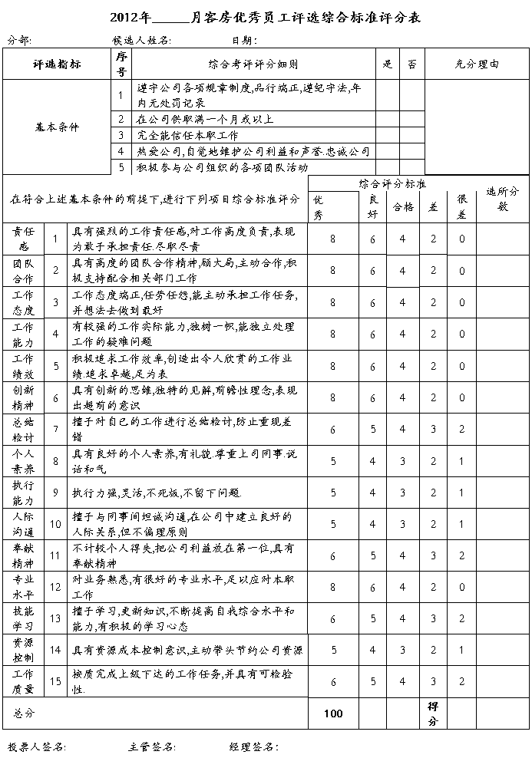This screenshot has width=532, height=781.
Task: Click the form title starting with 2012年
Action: coord(266,17)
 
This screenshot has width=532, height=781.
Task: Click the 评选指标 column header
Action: coord(58,64)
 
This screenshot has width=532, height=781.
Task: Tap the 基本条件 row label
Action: coord(58,127)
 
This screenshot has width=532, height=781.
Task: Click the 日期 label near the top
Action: coord(243,40)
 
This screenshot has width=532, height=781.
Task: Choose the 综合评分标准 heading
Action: coord(392,184)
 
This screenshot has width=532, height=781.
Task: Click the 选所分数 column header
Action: coord(503,199)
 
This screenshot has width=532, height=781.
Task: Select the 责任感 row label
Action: coord(23,239)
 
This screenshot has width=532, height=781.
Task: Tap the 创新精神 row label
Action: coord(23,397)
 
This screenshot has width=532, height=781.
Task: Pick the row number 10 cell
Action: coord(55,524)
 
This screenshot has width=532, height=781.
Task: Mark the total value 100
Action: coord(333,713)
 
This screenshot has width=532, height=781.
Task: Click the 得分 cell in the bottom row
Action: coord(433,713)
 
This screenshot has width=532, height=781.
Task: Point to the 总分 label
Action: coord(25,713)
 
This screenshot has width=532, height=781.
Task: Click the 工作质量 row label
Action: coord(23,681)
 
